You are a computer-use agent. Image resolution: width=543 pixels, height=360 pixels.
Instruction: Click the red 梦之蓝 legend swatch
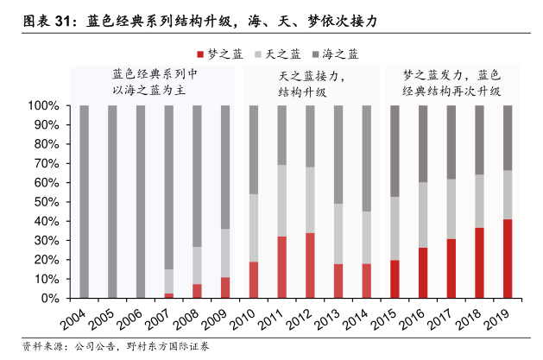coord(201,54)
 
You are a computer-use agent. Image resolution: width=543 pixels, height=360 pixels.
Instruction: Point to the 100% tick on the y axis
coord(44,106)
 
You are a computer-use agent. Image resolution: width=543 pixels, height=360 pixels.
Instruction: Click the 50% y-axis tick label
coord(47,202)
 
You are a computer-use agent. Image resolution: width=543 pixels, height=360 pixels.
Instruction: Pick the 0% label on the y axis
coord(50,298)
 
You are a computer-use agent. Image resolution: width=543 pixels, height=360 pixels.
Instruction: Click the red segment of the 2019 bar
coord(508,258)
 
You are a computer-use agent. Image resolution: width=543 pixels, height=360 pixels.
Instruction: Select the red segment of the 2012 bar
coord(310,265)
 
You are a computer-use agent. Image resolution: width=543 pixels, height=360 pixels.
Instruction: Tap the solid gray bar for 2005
coord(112,202)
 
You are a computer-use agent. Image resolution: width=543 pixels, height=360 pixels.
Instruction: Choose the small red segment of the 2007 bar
coord(168,295)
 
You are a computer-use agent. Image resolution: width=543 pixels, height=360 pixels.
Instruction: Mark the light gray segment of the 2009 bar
coord(225,253)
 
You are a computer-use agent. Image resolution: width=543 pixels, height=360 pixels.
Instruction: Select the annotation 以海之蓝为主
coord(155,90)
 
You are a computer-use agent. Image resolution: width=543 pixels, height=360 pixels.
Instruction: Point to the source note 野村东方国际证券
coord(172,346)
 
